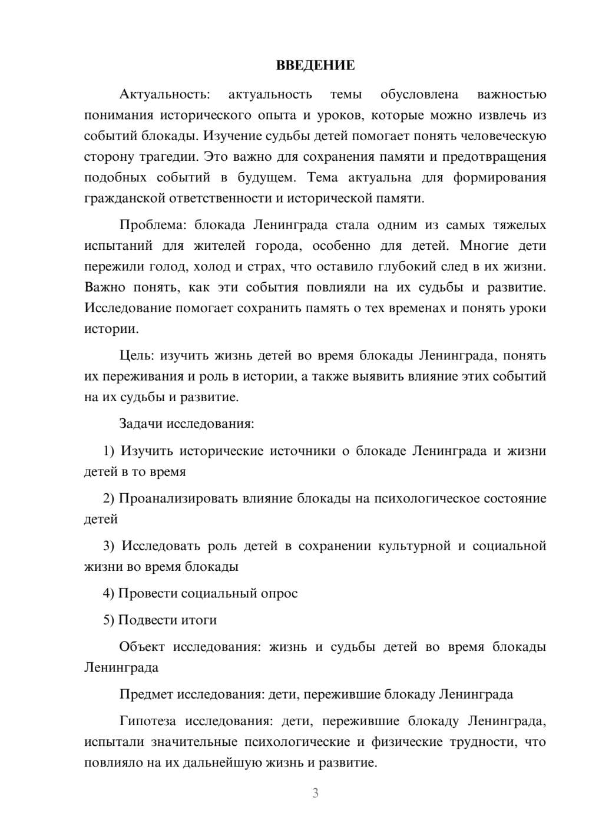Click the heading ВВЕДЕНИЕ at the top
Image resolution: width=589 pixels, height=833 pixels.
point(315,65)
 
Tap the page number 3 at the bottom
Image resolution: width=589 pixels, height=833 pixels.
point(315,793)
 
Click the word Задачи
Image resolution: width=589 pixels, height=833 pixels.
point(141,424)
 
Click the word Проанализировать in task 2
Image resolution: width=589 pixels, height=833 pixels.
point(177,498)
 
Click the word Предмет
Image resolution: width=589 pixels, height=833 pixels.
point(147,694)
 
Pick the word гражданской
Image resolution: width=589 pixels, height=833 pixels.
point(120,198)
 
